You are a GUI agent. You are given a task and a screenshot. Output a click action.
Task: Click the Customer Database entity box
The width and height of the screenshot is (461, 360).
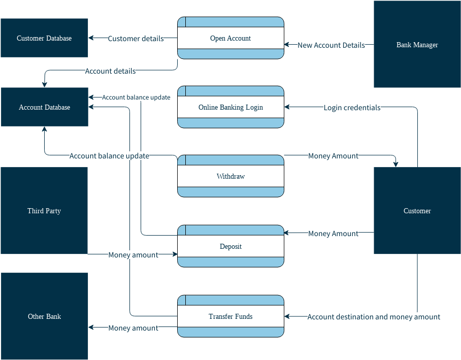pos(44,38)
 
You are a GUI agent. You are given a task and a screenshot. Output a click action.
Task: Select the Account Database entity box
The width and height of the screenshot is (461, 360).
pos(44,107)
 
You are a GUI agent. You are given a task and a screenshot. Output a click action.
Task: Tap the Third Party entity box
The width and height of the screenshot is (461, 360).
pos(44,211)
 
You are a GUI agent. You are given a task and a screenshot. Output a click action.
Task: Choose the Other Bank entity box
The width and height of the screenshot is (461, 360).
pos(44,316)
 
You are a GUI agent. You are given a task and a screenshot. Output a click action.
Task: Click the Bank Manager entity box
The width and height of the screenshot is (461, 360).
pos(417,45)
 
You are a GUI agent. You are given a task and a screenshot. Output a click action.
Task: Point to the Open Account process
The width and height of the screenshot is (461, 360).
pos(230,38)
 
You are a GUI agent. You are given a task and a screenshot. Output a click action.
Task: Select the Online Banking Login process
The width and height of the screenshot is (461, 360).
pos(230,107)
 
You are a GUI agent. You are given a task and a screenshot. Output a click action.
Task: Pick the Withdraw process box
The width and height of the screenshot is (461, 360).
pos(230,176)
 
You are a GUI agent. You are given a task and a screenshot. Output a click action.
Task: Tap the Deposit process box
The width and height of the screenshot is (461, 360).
pos(230,246)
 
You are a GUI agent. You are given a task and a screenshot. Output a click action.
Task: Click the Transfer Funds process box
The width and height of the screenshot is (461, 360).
pos(230,316)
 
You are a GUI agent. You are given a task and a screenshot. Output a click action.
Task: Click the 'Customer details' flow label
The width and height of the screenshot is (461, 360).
pos(136,39)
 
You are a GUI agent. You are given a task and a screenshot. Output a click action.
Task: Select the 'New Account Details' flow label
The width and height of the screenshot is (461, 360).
pos(331,45)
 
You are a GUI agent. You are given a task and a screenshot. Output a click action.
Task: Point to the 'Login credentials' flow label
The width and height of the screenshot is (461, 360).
pos(352,108)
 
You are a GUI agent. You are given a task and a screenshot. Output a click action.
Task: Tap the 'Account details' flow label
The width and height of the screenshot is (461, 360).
pos(110,71)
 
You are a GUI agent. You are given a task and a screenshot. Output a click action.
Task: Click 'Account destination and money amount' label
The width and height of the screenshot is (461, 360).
pos(374,317)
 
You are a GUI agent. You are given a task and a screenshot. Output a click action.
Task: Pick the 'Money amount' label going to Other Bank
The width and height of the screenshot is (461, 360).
pos(133,328)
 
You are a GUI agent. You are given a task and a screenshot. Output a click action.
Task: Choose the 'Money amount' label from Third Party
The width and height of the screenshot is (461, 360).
pos(133,255)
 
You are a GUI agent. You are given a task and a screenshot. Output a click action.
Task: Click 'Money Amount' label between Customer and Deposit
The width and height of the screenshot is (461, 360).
pos(333,234)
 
